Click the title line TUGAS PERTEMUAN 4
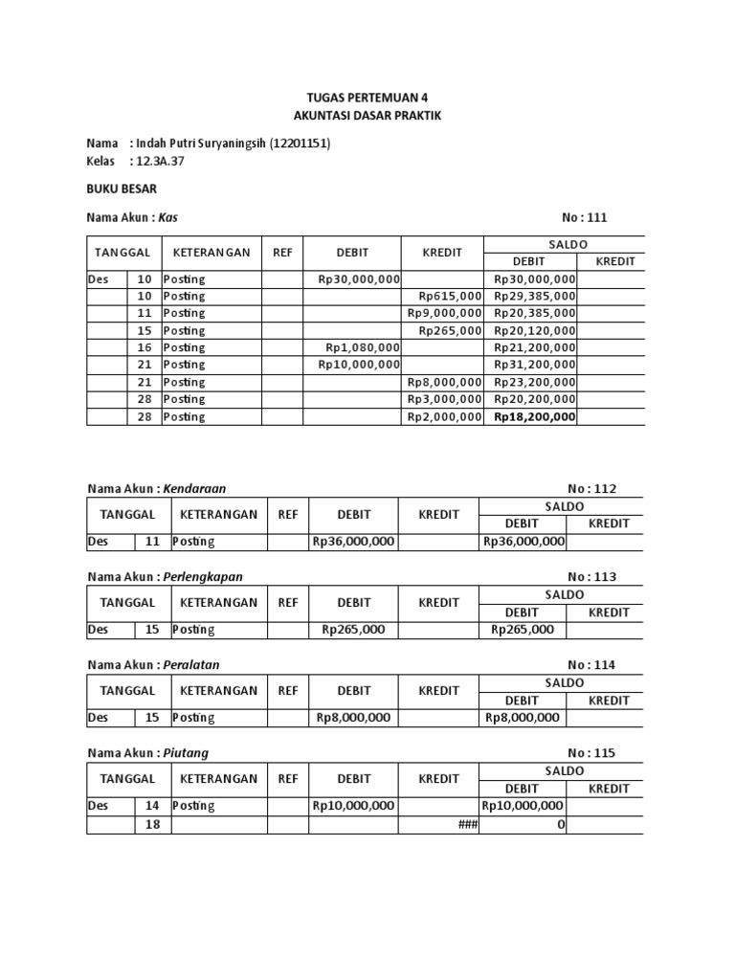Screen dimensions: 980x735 tap(368, 99)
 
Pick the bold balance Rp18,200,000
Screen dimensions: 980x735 tap(534, 417)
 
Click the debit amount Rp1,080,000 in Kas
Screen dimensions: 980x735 tap(362, 347)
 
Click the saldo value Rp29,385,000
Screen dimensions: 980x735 tap(534, 296)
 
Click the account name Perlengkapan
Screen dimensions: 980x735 tap(203, 576)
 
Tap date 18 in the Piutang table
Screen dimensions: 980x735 tap(152, 824)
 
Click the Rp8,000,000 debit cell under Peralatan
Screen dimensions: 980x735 tap(352, 718)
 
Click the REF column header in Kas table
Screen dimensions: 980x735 tap(282, 253)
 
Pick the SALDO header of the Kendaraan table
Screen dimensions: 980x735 tap(565, 505)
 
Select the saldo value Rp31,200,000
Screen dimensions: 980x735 tap(534, 365)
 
